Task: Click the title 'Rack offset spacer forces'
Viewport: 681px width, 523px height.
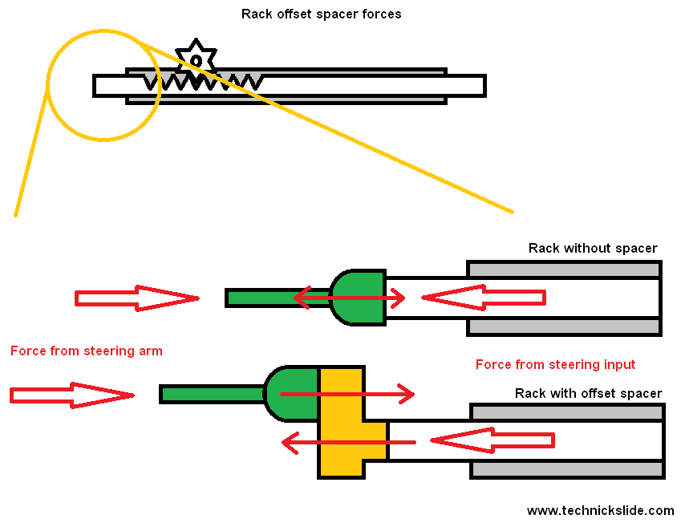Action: pyautogui.click(x=321, y=14)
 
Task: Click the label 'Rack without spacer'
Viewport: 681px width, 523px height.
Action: pyautogui.click(x=592, y=249)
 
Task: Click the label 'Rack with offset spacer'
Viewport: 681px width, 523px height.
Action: pyautogui.click(x=588, y=393)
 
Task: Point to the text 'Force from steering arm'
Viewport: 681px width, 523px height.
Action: pyautogui.click(x=87, y=351)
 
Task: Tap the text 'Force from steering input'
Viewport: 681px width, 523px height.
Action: pyautogui.click(x=555, y=365)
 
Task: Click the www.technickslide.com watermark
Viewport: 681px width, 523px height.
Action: pyautogui.click(x=600, y=510)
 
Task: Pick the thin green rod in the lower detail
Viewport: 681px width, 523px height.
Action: pyautogui.click(x=212, y=394)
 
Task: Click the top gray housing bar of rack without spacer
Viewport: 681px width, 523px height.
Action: pyautogui.click(x=564, y=269)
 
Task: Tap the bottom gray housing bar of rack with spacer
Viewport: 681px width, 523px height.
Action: pyautogui.click(x=567, y=469)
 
